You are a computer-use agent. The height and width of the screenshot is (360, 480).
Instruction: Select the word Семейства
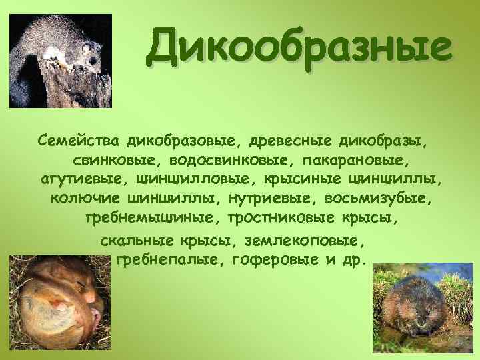pos(78,141)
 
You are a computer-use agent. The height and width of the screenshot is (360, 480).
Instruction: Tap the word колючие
pos(85,199)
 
